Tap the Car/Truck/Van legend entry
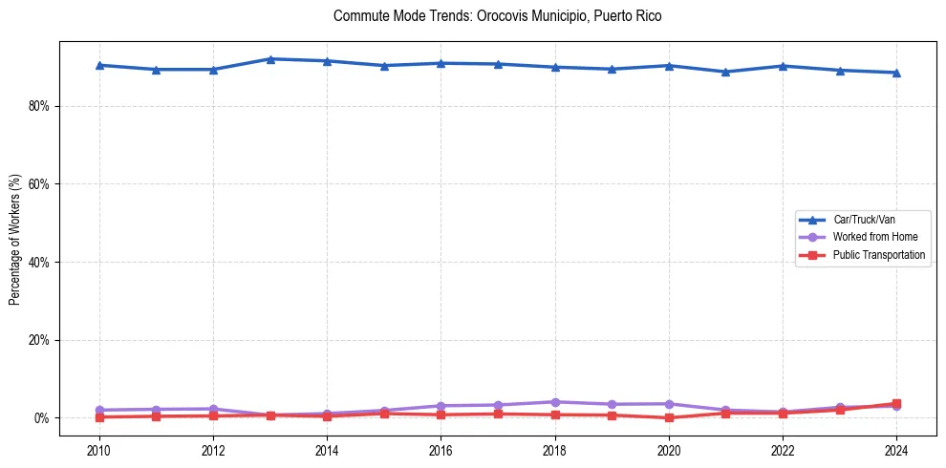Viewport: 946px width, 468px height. (864, 219)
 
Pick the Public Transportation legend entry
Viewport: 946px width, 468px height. (878, 255)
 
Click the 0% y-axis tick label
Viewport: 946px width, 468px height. (41, 418)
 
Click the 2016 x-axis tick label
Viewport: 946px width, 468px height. (441, 449)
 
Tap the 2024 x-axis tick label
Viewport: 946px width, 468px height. (896, 449)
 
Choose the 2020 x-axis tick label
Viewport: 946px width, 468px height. (669, 449)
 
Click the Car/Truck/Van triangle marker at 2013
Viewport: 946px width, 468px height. (270, 59)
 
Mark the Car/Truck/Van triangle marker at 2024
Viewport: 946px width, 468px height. (896, 73)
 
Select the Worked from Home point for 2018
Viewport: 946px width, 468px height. (555, 402)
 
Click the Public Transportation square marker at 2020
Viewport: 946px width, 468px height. (669, 417)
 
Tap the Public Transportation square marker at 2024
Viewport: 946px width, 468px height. (896, 404)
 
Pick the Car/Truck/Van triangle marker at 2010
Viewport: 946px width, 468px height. (99, 65)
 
